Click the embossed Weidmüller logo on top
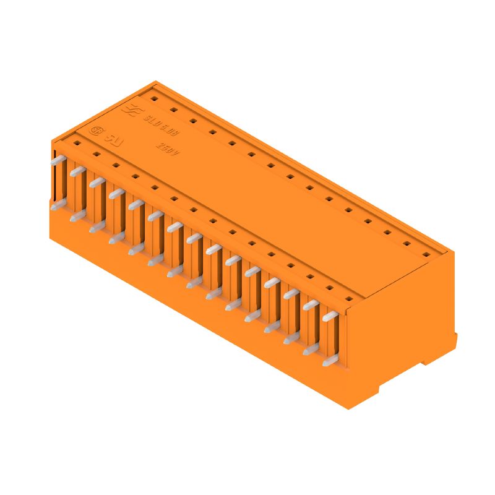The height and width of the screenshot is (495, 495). tap(131, 111)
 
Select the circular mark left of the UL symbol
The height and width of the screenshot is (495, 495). tap(97, 131)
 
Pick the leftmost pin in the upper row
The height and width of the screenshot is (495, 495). tap(58, 160)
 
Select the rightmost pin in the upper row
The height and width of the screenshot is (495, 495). tap(330, 316)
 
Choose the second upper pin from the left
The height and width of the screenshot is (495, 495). tap(77, 171)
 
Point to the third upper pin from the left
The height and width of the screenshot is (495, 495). tap(97, 182)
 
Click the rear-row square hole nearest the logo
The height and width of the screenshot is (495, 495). tap(154, 98)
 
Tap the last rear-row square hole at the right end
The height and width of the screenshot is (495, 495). tap(426, 254)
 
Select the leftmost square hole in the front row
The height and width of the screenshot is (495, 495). tap(77, 142)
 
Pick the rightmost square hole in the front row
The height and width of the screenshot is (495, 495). tap(349, 299)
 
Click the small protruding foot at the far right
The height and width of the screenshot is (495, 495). tap(455, 340)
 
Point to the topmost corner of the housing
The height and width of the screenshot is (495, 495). tap(156, 81)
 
